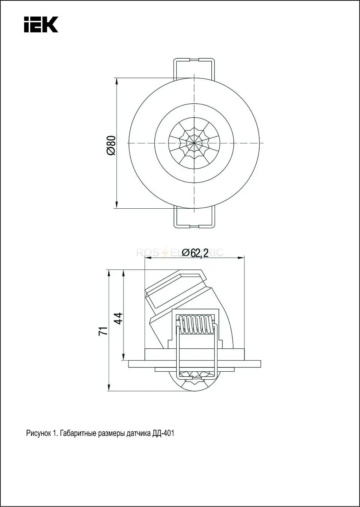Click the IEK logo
click(41, 24)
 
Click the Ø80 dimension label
click(111, 145)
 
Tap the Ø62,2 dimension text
click(195, 253)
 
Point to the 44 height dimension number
click(118, 318)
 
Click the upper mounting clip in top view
click(194, 69)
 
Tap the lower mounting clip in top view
click(194, 217)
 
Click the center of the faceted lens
click(194, 143)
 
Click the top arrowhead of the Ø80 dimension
click(117, 81)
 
